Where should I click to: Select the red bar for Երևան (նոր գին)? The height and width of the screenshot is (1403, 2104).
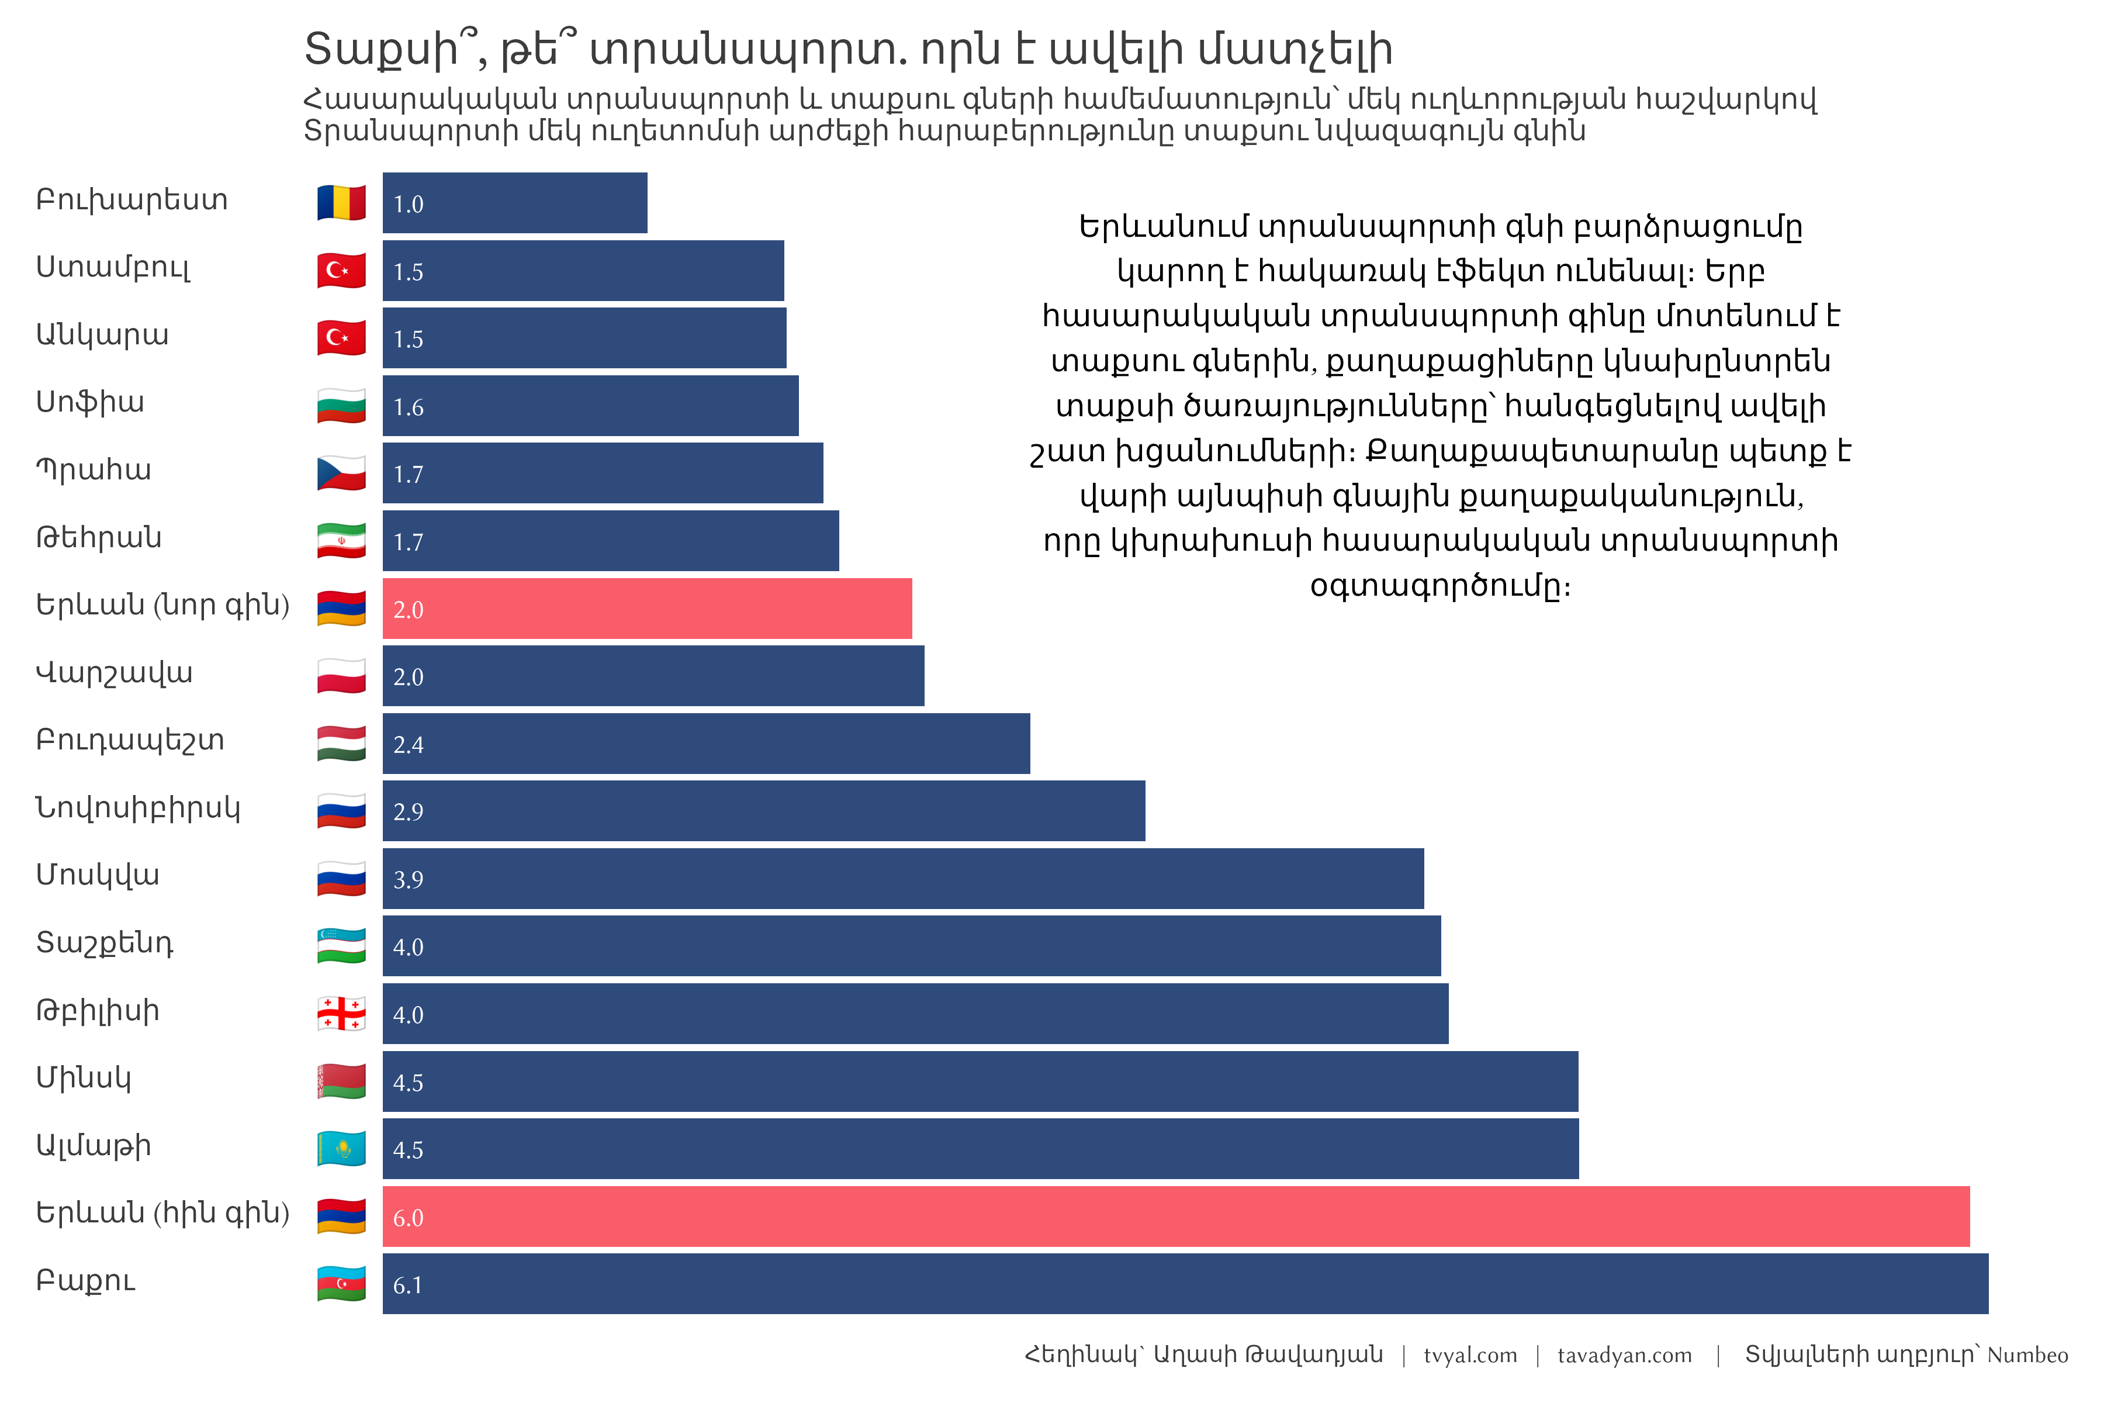pyautogui.click(x=647, y=609)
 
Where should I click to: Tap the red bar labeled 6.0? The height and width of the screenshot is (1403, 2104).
pyautogui.click(x=1175, y=1217)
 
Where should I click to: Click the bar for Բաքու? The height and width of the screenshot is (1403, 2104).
pyautogui.click(x=1185, y=1284)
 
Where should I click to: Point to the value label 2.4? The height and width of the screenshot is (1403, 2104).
pyautogui.click(x=408, y=744)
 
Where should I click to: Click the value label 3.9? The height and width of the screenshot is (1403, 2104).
pyautogui.click(x=408, y=880)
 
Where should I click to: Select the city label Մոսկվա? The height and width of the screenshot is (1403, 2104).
pyautogui.click(x=98, y=875)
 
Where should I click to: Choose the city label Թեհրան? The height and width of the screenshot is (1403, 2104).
pyautogui.click(x=98, y=538)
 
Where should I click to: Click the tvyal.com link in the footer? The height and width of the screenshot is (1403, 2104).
pyautogui.click(x=1470, y=1356)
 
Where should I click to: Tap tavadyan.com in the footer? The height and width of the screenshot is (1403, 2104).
pyautogui.click(x=1625, y=1356)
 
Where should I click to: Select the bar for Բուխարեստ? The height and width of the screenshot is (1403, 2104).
pyautogui.click(x=514, y=203)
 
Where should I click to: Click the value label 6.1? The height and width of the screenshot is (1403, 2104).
pyautogui.click(x=408, y=1285)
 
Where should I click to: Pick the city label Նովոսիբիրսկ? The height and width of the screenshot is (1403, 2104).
pyautogui.click(x=138, y=808)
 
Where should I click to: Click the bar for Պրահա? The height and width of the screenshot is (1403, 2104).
pyautogui.click(x=602, y=474)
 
